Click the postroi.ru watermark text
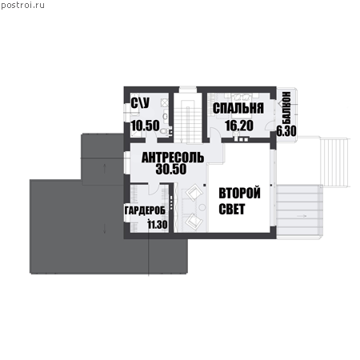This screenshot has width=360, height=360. [22, 6]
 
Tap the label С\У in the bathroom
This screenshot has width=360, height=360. [140, 103]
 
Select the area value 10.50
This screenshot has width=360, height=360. [146, 126]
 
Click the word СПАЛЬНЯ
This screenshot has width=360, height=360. [238, 108]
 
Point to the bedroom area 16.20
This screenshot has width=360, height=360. [239, 126]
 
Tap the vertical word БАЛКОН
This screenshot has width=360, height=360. [286, 107]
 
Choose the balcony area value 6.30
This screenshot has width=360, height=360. [286, 131]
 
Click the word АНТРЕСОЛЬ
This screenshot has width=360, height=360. [173, 158]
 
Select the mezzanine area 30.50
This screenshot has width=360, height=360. [171, 169]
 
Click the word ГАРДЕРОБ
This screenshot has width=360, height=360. [145, 210]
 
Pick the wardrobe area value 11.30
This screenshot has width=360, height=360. [158, 225]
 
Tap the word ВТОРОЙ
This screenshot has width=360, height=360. [239, 193]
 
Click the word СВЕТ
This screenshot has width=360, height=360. [232, 209]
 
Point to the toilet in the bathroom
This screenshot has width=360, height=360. [165, 131]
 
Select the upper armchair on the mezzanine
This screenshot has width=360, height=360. [194, 193]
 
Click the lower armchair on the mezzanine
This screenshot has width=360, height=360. [194, 221]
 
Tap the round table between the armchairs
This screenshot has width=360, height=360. [202, 207]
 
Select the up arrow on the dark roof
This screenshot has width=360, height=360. [105, 168]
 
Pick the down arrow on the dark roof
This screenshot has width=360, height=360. [105, 229]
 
